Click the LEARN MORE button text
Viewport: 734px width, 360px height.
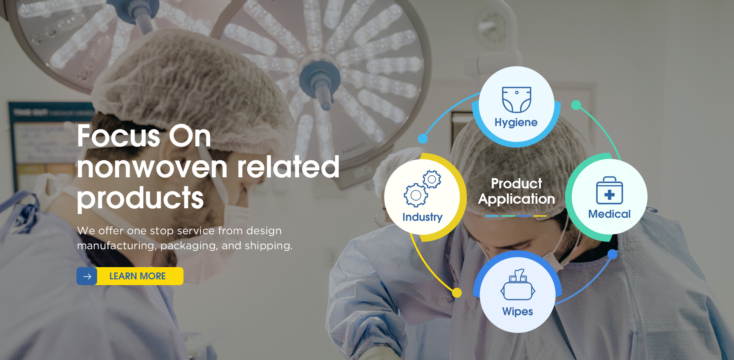[x=138, y=276]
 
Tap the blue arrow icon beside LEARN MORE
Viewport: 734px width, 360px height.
[x=87, y=276]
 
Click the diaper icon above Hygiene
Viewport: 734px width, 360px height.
[x=516, y=100]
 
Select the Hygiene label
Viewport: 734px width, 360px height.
[x=516, y=122]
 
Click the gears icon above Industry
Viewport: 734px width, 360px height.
[x=422, y=188]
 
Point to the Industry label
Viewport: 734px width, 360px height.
[x=422, y=217]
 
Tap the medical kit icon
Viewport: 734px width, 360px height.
[x=609, y=190]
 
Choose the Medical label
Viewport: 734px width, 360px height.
[x=609, y=214]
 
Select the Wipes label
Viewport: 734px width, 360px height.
[x=518, y=311]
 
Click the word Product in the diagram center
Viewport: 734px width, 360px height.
[x=516, y=183]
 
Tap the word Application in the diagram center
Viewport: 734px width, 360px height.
[x=516, y=199]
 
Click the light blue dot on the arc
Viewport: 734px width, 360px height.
[x=423, y=138]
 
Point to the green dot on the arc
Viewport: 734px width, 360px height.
[x=576, y=105]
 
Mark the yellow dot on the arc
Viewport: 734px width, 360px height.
[x=457, y=293]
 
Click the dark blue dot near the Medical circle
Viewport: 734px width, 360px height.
[x=612, y=254]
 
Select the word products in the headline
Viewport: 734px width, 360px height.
[x=140, y=198]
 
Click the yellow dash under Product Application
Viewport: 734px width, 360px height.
[x=540, y=216]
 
